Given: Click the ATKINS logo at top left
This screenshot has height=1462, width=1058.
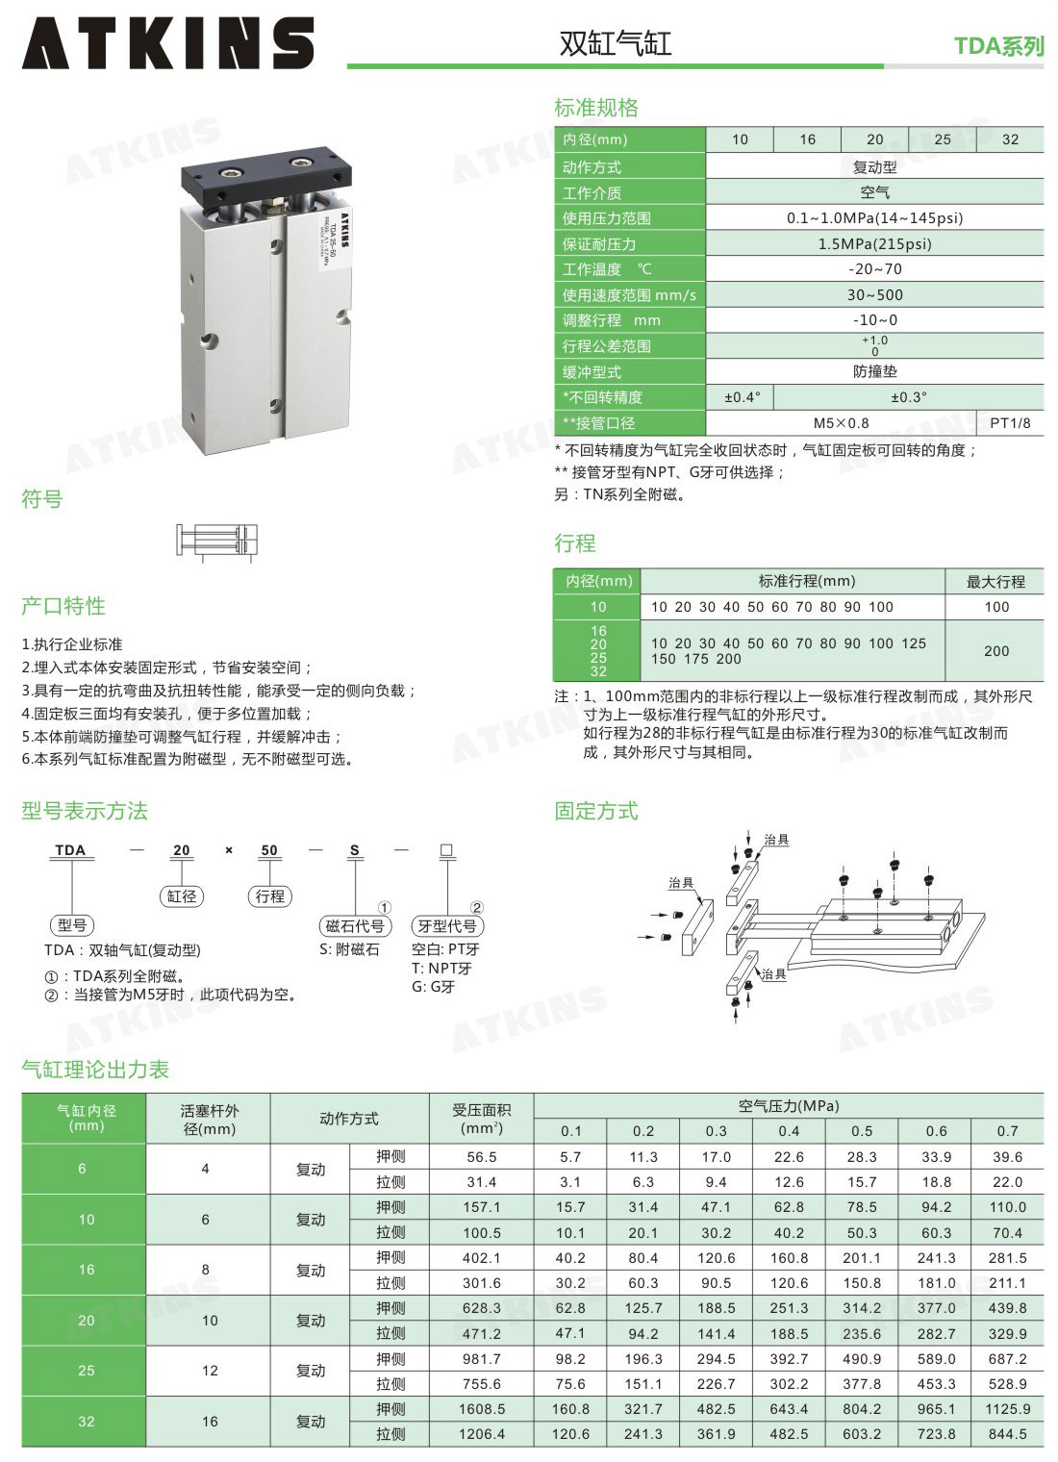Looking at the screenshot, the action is tap(167, 42).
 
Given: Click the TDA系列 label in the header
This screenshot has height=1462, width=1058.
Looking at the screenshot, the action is tap(998, 46).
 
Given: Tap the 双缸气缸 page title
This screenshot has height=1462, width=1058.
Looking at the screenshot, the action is tap(615, 43).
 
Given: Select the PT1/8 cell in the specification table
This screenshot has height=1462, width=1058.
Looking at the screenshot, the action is tap(1010, 423).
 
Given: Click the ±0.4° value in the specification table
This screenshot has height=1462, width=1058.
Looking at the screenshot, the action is tap(743, 397).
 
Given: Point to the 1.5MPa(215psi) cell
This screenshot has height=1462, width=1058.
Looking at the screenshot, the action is tap(874, 244).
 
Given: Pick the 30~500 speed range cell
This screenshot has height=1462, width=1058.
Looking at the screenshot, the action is tap(874, 295).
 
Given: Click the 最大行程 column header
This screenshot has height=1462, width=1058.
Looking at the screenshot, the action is tap(995, 581).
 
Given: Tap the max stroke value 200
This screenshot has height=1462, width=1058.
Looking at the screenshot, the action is tap(996, 651).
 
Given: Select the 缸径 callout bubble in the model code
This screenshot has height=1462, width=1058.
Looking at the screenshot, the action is tap(182, 896).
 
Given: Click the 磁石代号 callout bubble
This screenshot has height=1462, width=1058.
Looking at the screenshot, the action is tap(355, 925).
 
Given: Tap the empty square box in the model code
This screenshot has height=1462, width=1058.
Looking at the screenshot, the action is tap(446, 850).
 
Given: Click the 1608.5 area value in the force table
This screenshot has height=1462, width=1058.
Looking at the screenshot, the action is tap(482, 1409).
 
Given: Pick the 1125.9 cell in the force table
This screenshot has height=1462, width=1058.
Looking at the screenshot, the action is tap(1007, 1409).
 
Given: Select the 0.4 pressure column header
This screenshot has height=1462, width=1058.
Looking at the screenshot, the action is tap(789, 1130).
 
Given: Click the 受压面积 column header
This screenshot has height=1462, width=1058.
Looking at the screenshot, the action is tap(482, 1118).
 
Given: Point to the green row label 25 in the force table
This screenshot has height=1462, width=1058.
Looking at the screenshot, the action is tap(87, 1371).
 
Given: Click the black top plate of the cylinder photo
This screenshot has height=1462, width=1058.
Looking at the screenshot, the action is tap(266, 176).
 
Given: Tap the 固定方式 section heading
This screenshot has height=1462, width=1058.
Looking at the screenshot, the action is tap(596, 811).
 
